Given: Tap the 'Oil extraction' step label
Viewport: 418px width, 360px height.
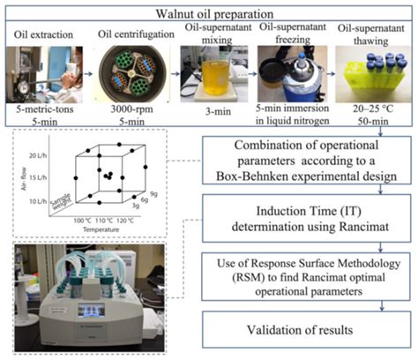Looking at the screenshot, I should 40,34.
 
